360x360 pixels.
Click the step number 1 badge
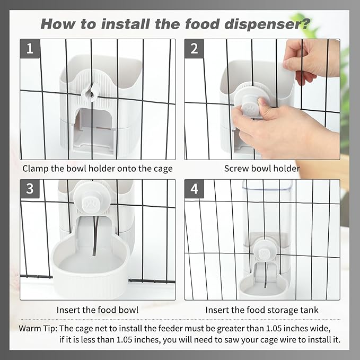coord(30,48)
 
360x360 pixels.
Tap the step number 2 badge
coord(194,48)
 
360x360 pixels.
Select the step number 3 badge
coord(30,189)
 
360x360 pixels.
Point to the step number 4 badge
coord(194,189)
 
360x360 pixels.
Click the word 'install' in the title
coord(125,24)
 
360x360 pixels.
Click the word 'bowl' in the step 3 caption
coord(128,310)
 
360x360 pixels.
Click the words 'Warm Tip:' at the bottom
coord(38,329)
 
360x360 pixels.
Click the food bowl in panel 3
coord(90,266)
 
